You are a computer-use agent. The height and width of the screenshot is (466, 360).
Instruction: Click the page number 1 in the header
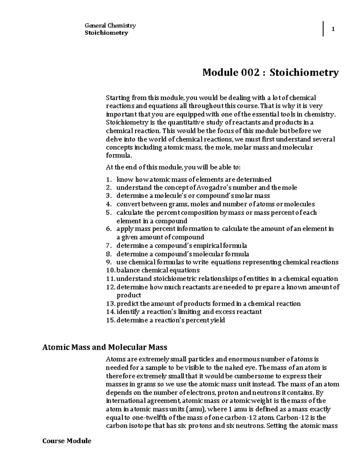[x=333, y=29]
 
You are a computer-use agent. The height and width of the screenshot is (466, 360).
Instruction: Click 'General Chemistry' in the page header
[x=110, y=26]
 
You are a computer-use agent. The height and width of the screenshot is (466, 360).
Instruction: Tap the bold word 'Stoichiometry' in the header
[x=106, y=33]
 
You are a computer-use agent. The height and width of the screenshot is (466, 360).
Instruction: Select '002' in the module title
[x=249, y=72]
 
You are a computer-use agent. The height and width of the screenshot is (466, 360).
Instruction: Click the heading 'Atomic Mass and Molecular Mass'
[x=105, y=347]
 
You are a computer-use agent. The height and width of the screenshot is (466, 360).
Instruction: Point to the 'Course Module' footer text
[x=67, y=441]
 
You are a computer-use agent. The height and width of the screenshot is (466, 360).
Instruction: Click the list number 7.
[x=109, y=246]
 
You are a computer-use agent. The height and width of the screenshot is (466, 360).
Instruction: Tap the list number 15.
[x=110, y=320]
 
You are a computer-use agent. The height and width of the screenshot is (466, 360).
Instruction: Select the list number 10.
[x=110, y=270]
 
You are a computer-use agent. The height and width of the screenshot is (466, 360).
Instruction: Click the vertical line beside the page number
[x=323, y=29]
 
